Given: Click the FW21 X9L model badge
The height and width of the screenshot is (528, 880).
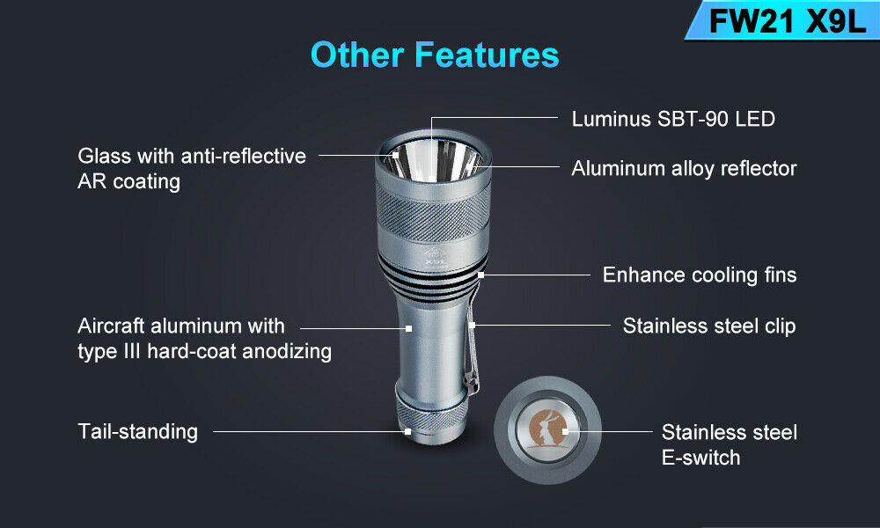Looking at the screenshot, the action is point(786,21).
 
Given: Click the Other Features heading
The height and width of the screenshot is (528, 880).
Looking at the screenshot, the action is point(435,55).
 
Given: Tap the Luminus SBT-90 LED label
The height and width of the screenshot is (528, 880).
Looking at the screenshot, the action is point(673,119).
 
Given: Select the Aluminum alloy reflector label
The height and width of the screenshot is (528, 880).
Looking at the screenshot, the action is point(684,168).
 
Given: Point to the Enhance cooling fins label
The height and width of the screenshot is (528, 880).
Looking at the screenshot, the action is point(700,275).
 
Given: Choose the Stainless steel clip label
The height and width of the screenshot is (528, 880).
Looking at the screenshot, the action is point(708,326).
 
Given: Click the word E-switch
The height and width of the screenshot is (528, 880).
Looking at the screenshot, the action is point(700,458).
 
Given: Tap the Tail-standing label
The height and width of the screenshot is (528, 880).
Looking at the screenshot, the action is point(137,431).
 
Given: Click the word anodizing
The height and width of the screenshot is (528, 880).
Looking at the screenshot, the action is point(287,352).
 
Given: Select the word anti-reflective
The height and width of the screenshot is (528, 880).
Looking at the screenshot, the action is point(243,156).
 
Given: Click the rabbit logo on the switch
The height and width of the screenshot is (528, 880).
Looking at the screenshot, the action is point(546,429).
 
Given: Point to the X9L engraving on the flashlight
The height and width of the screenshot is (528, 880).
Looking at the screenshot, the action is point(435,261).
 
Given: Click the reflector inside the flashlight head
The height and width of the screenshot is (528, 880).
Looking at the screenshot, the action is point(431,160).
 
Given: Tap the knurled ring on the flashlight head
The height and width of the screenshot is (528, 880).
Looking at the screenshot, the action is point(433,212).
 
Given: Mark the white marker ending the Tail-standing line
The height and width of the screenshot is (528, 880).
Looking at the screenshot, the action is point(408,431).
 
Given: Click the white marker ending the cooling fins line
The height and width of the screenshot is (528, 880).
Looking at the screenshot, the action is point(481,275).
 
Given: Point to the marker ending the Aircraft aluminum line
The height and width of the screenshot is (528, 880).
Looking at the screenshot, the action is point(408,328).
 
